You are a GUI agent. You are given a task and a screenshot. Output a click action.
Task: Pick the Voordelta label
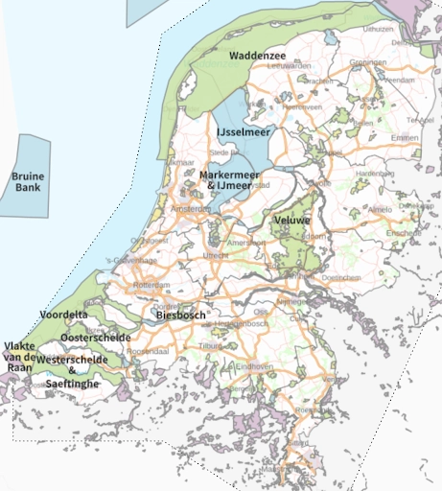63,315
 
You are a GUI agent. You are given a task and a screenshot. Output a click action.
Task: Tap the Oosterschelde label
89,338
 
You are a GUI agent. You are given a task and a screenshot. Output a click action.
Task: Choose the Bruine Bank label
28,181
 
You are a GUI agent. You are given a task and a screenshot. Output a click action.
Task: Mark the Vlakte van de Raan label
20,356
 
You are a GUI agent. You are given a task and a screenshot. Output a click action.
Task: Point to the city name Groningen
367,62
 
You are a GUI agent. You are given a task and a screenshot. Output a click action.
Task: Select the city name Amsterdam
191,208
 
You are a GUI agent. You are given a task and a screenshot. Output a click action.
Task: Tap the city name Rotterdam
151,286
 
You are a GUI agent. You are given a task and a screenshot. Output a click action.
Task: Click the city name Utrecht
217,256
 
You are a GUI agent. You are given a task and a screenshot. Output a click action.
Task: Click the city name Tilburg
211,345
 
